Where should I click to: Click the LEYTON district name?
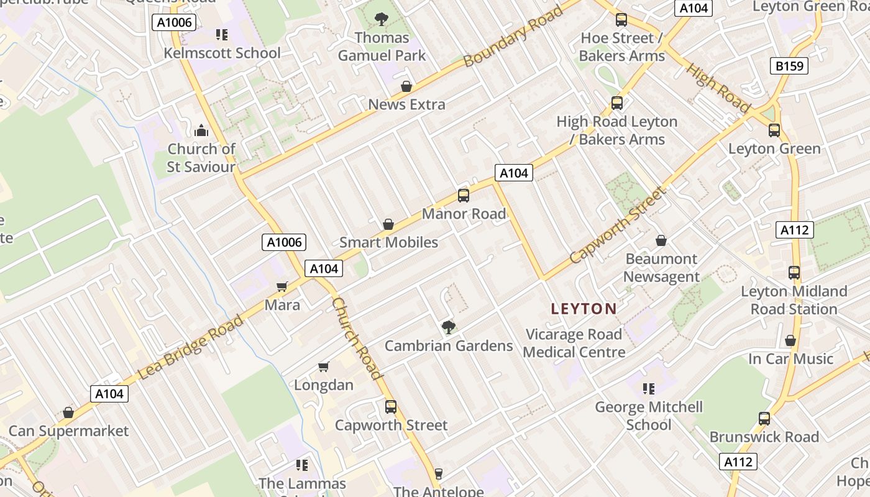[584, 309]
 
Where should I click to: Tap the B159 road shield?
[789, 65]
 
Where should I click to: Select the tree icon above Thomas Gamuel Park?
[382, 19]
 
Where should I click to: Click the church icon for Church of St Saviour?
[201, 130]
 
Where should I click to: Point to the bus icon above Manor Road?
[464, 196]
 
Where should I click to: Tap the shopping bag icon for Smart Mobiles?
[388, 224]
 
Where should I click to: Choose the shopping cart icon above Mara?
[282, 286]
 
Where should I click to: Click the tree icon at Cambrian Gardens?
[448, 327]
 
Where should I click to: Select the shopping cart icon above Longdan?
[323, 367]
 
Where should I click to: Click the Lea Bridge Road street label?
[190, 347]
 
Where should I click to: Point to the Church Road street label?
[357, 338]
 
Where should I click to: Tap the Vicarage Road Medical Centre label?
[574, 343]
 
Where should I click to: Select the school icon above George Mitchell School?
[649, 389]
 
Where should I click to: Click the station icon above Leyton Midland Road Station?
[794, 273]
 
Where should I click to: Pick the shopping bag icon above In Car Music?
[790, 340]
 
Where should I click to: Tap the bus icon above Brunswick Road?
[764, 419]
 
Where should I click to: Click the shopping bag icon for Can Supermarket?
[68, 413]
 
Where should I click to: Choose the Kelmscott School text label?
[222, 53]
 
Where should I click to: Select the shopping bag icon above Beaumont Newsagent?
[661, 240]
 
